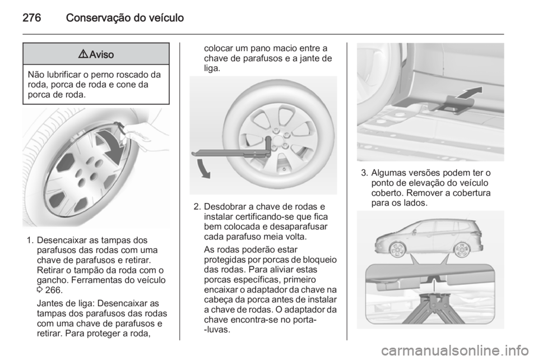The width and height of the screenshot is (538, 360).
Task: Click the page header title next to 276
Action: (x=124, y=18)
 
